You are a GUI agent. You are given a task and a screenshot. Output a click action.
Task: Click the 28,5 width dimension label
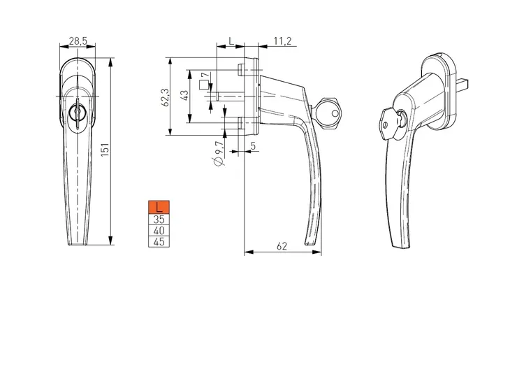tap(78, 41)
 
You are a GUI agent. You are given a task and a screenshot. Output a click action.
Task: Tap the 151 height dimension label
tap(105, 150)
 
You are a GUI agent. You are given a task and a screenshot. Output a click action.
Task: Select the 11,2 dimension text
tap(282, 41)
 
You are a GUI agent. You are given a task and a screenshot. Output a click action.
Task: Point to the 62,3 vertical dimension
tap(166, 97)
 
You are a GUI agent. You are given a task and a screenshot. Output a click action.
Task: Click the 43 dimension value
tap(184, 95)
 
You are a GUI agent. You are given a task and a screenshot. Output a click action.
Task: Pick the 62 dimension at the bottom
tap(282, 246)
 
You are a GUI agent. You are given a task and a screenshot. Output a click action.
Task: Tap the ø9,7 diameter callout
tap(219, 152)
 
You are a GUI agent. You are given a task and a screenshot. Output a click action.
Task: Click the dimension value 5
tap(254, 146)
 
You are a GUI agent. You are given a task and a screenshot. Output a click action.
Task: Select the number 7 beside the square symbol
tap(207, 76)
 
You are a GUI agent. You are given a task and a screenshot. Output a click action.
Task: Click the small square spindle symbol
tap(203, 85)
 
